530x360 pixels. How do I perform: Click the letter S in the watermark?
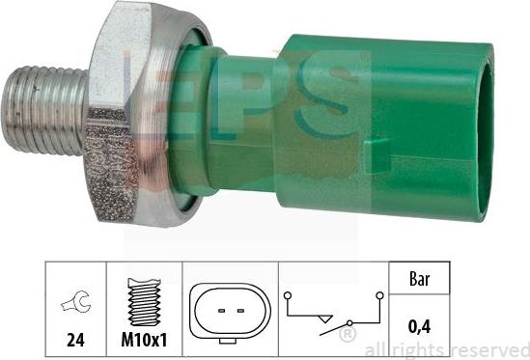coord(328,106)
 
